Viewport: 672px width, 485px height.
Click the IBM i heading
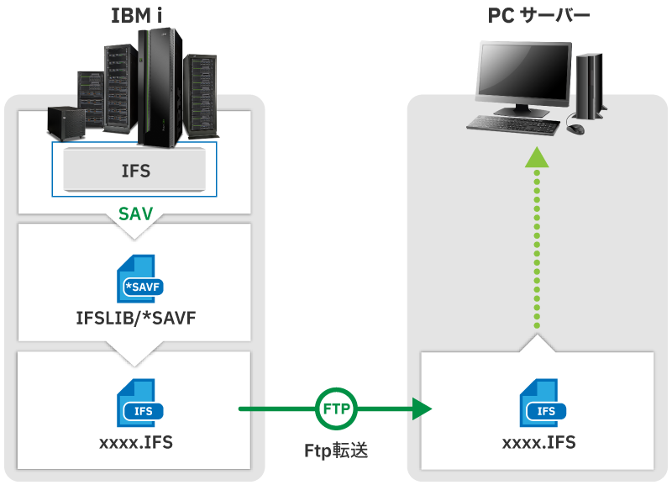click(136, 14)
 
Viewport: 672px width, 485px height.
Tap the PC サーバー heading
click(538, 15)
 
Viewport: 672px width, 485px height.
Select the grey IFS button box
click(135, 170)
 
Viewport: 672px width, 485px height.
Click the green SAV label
click(135, 214)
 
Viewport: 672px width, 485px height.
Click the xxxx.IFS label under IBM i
click(135, 442)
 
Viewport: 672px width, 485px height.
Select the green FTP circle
click(337, 409)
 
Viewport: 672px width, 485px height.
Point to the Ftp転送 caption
click(336, 450)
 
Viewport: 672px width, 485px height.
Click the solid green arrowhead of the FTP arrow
click(420, 409)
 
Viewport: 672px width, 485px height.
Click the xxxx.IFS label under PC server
click(538, 442)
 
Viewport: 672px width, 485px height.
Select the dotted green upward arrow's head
click(538, 158)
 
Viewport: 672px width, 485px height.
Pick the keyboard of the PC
click(512, 124)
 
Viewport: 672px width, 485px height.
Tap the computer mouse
click(575, 129)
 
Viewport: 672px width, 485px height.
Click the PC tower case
click(590, 84)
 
